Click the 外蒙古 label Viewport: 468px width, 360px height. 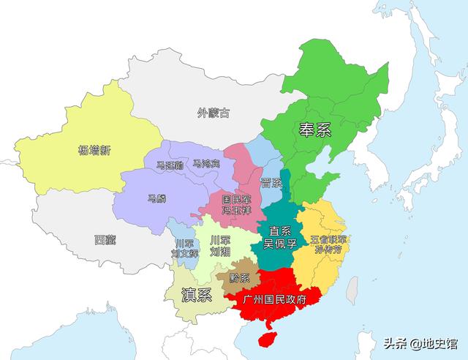214,113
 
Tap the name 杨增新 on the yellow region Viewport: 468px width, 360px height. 94,151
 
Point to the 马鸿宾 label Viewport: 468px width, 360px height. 206,164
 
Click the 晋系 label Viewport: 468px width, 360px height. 271,183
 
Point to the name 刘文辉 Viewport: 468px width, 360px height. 185,253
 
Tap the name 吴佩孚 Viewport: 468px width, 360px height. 280,243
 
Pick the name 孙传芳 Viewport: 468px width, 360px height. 328,250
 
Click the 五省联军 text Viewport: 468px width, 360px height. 328,239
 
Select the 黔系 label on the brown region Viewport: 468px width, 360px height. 239,278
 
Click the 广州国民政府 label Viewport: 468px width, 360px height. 274,300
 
